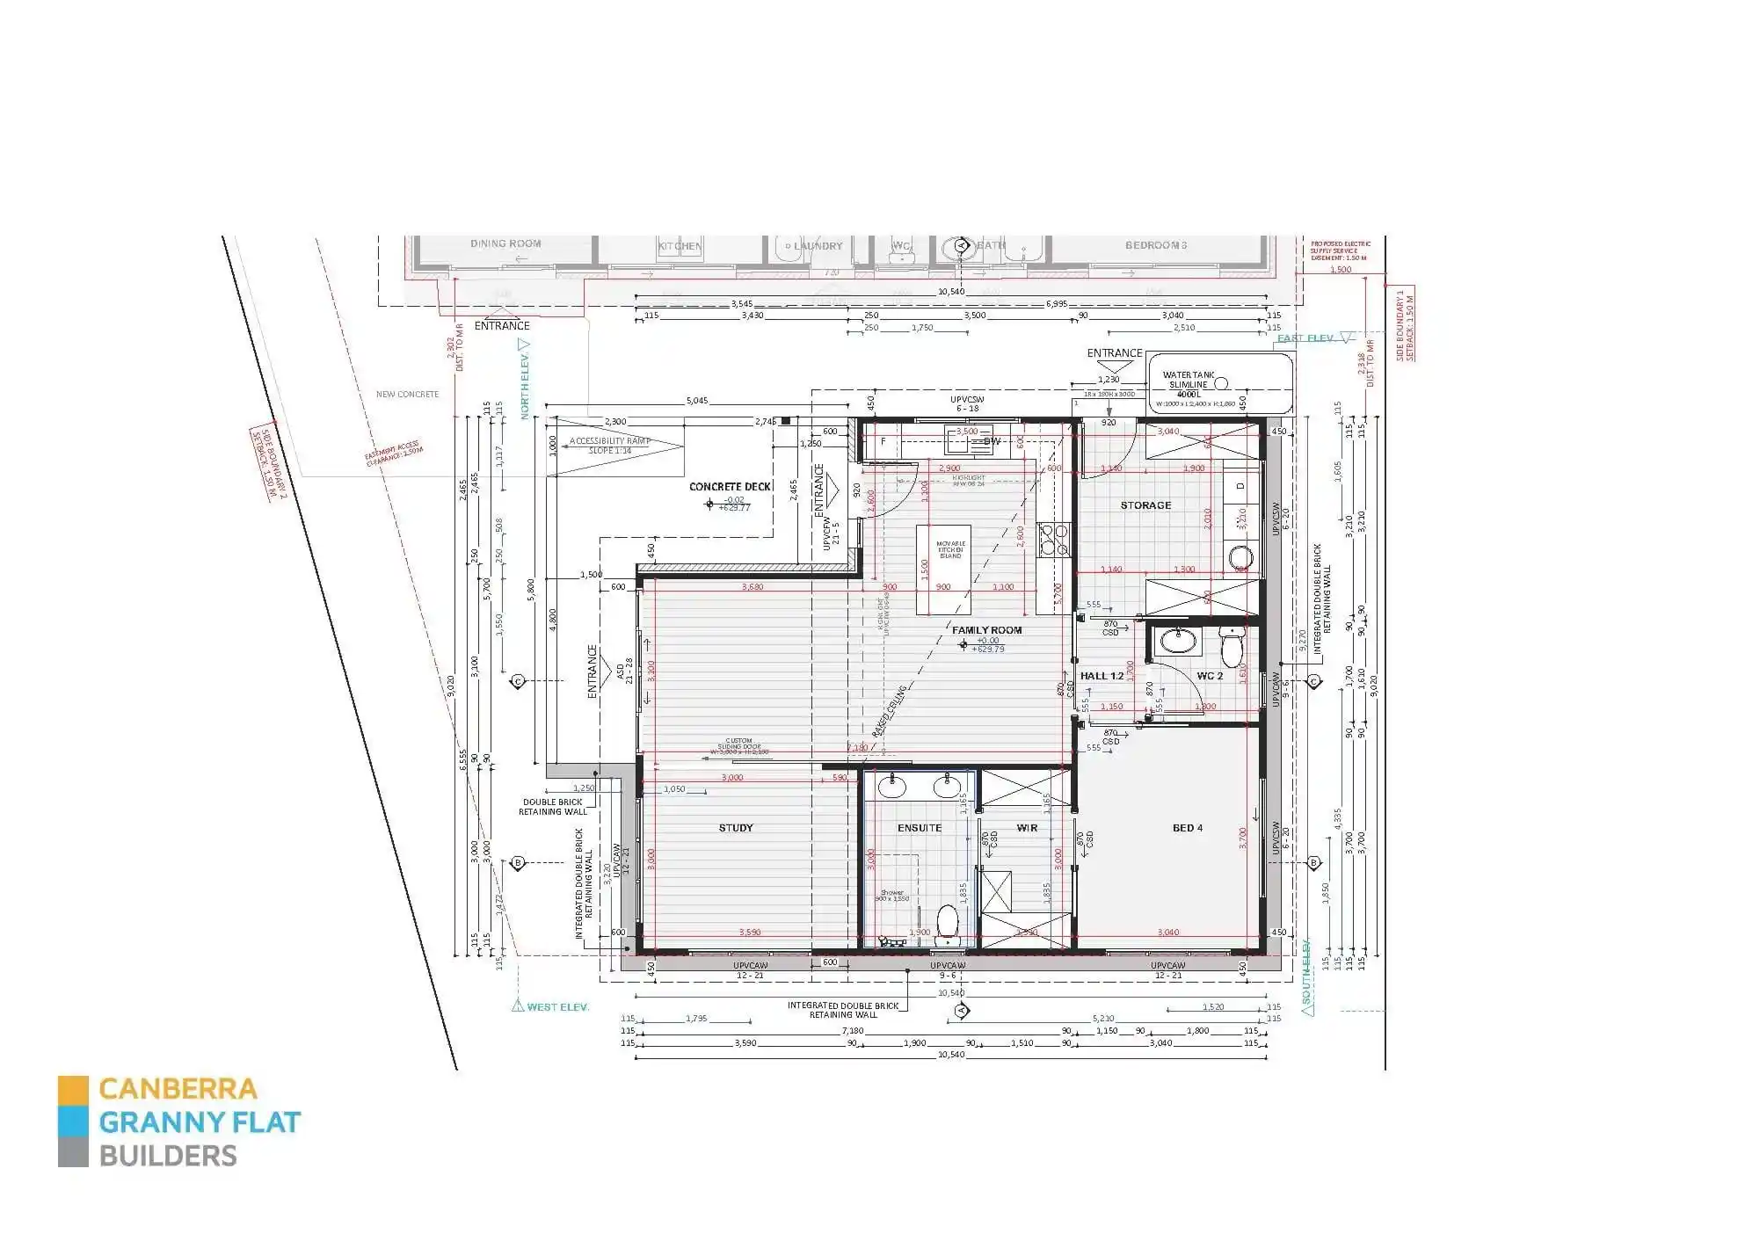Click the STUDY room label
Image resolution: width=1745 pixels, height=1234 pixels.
tap(735, 828)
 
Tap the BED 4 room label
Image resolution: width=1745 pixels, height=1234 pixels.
tap(1187, 828)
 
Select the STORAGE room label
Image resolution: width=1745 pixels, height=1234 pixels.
tap(1145, 505)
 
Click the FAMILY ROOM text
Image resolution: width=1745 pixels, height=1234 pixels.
tap(986, 630)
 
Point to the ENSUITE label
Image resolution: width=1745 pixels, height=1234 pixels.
tap(919, 828)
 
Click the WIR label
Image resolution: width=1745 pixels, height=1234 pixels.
tap(1026, 828)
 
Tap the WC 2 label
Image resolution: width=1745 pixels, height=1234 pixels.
tap(1209, 676)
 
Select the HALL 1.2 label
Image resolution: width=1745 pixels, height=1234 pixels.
tap(1101, 676)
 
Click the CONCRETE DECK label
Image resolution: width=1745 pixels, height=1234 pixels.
tap(730, 486)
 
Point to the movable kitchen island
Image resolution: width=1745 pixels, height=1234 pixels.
tap(944, 569)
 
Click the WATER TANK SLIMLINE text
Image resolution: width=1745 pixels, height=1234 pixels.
tap(1189, 380)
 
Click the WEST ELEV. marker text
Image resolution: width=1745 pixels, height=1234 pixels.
tap(557, 1007)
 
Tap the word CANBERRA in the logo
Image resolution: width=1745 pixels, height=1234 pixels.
tap(178, 1089)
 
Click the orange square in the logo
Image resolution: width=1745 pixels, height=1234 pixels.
tap(73, 1089)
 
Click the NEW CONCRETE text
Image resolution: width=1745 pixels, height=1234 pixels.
tap(407, 395)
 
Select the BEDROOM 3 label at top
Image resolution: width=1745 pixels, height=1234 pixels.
tap(1155, 245)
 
